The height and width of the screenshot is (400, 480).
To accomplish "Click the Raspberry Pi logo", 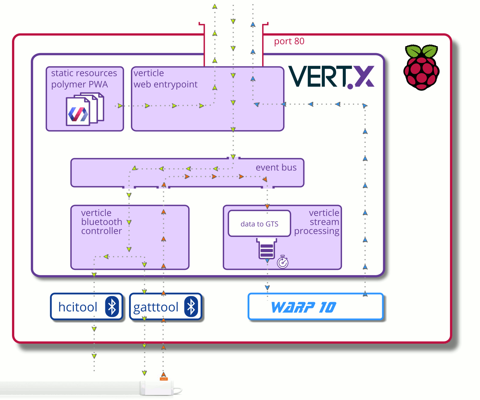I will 421,67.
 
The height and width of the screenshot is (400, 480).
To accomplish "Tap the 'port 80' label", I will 289,41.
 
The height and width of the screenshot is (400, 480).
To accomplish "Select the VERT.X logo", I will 331,77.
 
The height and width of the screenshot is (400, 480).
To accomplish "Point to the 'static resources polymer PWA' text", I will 84,79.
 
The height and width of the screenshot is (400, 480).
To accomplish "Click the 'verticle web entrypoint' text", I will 165,79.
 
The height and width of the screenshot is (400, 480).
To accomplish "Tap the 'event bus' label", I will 276,168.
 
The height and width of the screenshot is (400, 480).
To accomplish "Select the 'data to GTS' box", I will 259,224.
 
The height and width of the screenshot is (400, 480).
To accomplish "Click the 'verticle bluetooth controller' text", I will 101,222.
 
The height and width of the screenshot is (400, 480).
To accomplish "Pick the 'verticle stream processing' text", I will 317,222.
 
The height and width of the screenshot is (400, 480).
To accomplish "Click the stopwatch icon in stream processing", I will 283,262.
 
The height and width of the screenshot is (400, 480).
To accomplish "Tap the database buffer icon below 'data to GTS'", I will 267,249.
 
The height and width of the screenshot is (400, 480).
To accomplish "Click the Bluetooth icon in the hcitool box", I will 112,307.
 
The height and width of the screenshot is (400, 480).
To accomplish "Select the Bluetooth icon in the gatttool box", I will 191,307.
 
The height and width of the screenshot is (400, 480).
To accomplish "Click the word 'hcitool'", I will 78,307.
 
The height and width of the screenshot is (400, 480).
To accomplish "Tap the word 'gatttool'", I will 156,307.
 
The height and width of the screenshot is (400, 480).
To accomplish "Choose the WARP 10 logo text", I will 304,307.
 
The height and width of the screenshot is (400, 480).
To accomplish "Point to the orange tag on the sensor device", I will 163,379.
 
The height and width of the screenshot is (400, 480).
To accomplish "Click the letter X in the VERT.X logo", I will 364,76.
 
